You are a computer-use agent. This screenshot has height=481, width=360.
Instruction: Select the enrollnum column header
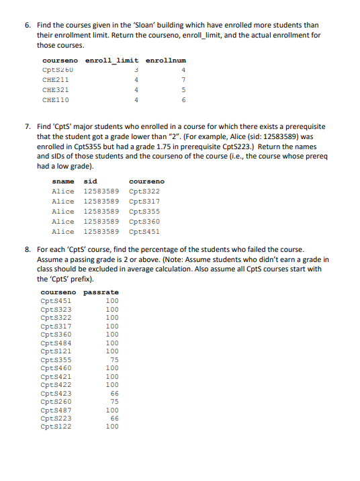[166, 61]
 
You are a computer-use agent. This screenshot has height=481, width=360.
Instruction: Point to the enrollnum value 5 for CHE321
[183, 89]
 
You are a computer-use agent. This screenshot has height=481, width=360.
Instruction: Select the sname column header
[63, 181]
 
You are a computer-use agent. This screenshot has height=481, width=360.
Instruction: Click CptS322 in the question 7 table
[144, 191]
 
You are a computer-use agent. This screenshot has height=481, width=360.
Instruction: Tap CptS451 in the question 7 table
[144, 232]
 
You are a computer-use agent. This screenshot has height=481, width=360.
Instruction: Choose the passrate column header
[101, 293]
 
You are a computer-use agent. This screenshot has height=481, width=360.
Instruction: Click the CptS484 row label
[56, 343]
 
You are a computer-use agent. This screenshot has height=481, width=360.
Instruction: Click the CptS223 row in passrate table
[56, 418]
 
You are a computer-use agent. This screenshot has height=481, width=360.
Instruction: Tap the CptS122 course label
[56, 426]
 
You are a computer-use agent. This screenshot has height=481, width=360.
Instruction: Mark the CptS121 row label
[56, 351]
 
